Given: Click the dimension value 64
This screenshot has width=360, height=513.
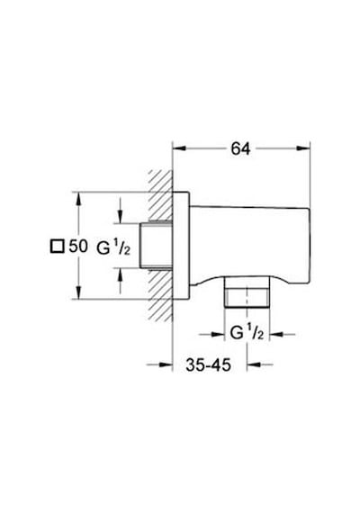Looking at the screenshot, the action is pos(240,148).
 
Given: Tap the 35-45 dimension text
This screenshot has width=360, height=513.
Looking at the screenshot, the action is pos(209,364).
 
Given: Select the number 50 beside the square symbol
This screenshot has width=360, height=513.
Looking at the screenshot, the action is pos(78,246).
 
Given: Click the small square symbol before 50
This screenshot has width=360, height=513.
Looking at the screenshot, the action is pos(57,247).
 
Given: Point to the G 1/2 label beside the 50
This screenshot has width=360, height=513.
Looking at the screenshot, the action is pos(113,248).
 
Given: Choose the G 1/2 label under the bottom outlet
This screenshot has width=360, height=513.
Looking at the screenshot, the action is pos(247,333).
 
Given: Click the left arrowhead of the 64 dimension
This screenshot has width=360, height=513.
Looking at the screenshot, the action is pos(179,148).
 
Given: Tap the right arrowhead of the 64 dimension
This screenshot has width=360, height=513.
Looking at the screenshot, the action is pos(303,148).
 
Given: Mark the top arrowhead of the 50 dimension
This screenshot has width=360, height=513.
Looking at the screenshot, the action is pos(78,199).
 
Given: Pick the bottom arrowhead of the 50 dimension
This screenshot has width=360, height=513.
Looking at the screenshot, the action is pos(78,292).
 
